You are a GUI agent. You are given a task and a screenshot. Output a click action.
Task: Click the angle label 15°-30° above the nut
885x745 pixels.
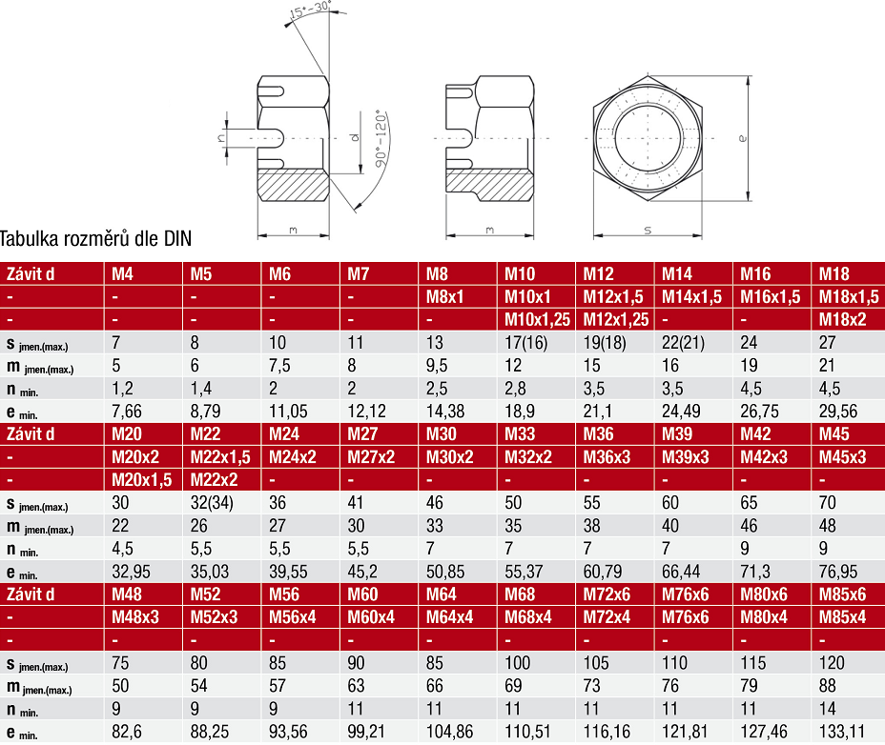(x=309, y=10)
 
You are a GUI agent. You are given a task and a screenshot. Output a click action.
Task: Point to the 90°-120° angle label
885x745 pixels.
(x=381, y=139)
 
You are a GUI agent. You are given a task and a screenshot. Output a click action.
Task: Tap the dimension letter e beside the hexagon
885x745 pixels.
(x=742, y=138)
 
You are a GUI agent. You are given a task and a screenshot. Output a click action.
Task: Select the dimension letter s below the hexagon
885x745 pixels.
(x=648, y=231)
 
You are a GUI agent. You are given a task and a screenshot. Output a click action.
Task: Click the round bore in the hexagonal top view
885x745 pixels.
(x=648, y=137)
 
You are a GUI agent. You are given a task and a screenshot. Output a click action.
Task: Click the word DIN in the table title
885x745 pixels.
(x=177, y=238)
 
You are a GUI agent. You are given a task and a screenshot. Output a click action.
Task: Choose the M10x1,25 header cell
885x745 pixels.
(x=537, y=320)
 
